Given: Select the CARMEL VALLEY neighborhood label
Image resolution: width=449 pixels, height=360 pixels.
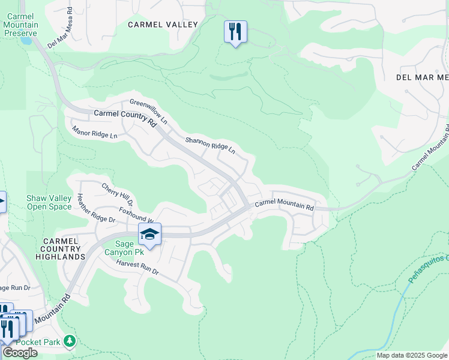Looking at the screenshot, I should coord(163,25).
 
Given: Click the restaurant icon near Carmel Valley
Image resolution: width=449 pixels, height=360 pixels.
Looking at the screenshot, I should coord(235,31).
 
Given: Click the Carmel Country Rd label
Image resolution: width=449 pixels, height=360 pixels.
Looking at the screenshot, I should coord(125,117).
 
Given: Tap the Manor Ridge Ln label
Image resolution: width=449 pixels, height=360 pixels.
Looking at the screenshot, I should coord(95,132).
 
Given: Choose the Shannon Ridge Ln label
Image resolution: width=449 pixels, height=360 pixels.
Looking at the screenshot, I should coord(210,147).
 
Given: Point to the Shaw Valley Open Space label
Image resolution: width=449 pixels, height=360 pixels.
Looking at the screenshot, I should coord(49,202).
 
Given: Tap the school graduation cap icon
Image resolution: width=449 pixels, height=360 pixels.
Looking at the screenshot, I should coord(149,234).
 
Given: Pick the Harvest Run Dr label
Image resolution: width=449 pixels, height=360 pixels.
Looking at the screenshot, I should coord(137,268).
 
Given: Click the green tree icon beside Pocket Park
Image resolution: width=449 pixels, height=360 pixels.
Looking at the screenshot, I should coord(70,341).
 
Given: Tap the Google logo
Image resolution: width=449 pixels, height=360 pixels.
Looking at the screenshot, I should coord(19,352).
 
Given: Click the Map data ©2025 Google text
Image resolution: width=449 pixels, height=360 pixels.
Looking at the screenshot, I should coord(411,355).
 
